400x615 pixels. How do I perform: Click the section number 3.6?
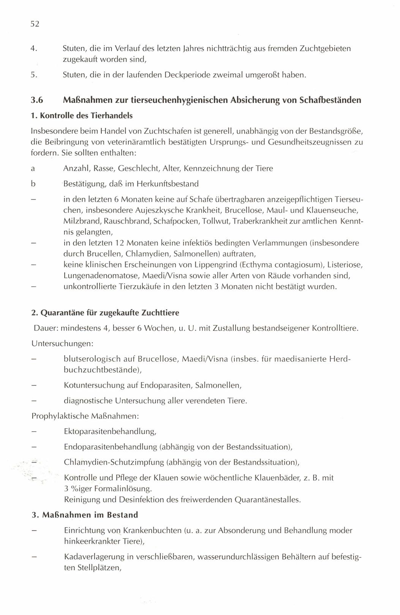click(37, 100)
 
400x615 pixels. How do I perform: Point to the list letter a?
click(33, 168)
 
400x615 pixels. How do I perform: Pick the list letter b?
click(33, 184)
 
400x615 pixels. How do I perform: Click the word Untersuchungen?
click(62, 343)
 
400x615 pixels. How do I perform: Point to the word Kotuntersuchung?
click(95, 385)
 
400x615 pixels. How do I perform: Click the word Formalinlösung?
click(120, 488)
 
